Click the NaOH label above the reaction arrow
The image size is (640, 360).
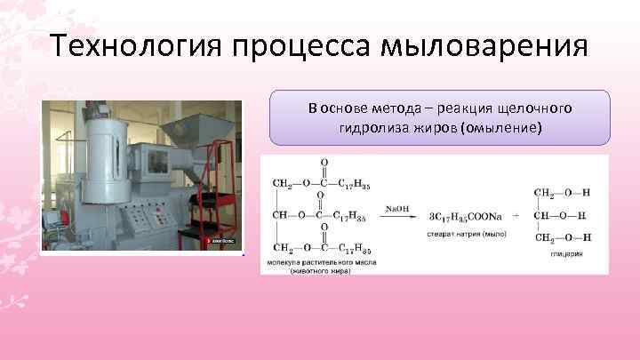(x=396, y=209)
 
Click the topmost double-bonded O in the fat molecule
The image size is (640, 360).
(x=323, y=164)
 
